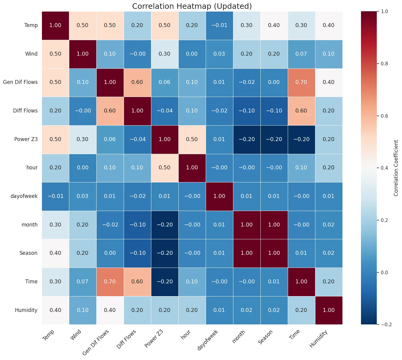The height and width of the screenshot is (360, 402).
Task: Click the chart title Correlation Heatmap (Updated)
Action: (192, 6)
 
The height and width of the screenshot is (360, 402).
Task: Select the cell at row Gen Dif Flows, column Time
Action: (301, 82)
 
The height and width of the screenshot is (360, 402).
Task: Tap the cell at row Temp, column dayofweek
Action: (219, 25)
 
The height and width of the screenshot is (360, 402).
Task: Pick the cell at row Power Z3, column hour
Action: (192, 139)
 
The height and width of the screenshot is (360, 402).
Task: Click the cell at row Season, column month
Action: (247, 253)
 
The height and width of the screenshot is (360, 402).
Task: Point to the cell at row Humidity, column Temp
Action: (55, 310)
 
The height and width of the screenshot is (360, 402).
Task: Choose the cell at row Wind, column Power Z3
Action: (165, 54)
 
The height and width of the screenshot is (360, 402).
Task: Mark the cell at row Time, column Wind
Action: (83, 282)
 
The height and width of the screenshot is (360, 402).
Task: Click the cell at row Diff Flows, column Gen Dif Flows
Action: (110, 111)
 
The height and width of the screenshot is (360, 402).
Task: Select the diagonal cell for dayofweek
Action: (219, 196)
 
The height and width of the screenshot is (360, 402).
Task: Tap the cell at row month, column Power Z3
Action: (165, 225)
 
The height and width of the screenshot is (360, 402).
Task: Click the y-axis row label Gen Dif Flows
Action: (20, 82)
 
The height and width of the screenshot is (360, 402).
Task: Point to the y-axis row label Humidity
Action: (26, 310)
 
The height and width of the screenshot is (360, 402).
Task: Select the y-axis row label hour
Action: (32, 168)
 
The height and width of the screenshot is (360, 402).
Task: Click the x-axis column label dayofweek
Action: (208, 339)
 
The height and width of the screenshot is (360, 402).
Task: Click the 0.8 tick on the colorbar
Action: (384, 64)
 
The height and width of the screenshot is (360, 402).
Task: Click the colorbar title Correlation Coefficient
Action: (396, 168)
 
